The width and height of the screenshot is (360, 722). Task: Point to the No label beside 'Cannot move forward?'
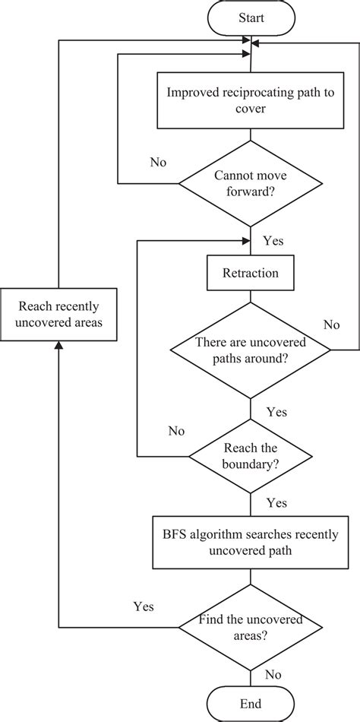(x=159, y=162)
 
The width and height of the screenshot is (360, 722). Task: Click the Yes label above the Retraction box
(x=273, y=241)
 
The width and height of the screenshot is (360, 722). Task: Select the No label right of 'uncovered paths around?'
(x=331, y=325)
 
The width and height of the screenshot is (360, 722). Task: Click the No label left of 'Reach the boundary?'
(x=176, y=431)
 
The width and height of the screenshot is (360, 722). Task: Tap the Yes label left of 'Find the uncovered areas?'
(x=144, y=606)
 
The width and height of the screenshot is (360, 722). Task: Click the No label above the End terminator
(x=273, y=673)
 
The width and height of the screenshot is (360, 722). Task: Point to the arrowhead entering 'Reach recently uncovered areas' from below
(x=58, y=347)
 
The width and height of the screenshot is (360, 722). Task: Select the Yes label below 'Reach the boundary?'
(x=276, y=503)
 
